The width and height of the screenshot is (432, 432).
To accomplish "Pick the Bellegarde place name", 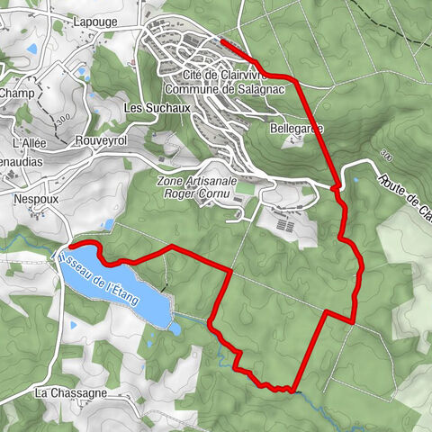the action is [295, 130].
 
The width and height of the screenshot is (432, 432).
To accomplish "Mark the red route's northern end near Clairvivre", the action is [221, 40].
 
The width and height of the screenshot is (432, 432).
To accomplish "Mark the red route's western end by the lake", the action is [69, 245].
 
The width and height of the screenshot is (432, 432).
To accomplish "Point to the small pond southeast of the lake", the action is [175, 328].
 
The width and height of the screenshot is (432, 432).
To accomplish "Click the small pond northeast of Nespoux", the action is [108, 223].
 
